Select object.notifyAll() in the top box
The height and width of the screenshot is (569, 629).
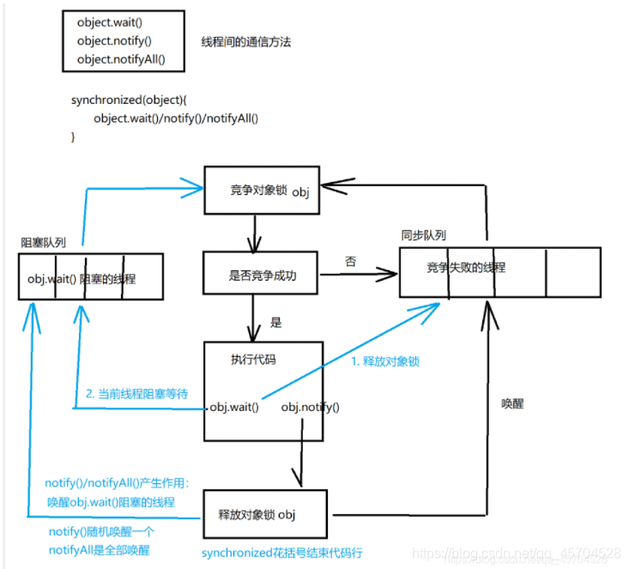coord(120,59)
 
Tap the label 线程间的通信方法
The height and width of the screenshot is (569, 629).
coord(245,41)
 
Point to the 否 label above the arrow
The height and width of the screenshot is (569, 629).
coord(350,260)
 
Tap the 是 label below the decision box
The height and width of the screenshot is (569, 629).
coord(275,324)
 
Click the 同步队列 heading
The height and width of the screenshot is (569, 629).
coord(423,235)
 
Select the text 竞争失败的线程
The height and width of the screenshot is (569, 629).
coord(466,268)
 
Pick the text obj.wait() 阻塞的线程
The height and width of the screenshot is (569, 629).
coord(82,279)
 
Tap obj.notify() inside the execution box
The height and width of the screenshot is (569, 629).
coord(310,407)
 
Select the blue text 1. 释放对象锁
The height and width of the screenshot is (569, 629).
coord(385,361)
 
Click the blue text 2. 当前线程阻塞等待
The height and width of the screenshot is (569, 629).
coord(136,394)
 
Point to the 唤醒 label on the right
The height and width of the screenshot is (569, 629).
coord(512,403)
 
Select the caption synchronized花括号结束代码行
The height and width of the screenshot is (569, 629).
coord(281,554)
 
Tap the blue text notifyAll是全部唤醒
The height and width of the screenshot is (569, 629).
coord(97,550)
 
